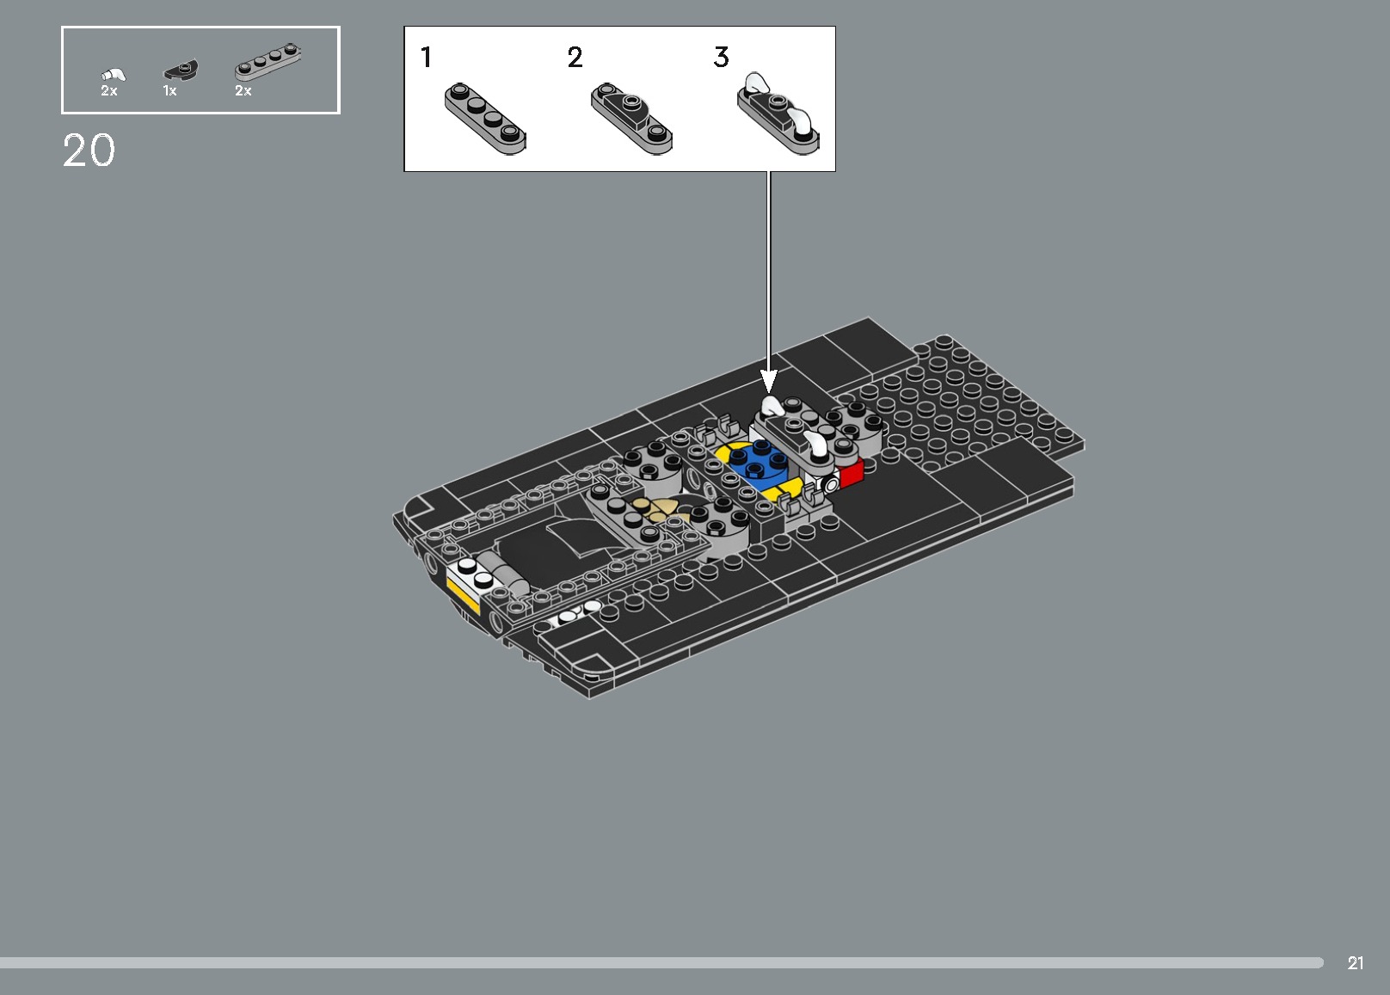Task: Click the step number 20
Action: coord(89,151)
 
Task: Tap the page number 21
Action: coord(1356,963)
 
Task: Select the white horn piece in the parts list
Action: coord(113,74)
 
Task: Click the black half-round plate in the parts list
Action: coord(181,70)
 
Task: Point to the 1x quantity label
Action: coord(169,90)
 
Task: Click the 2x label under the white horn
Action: coord(108,90)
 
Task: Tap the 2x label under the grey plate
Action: coord(243,90)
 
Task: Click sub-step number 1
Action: coord(426,58)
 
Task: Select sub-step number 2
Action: coord(575,58)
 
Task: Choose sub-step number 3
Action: coord(721,58)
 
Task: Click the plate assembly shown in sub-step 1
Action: coord(485,118)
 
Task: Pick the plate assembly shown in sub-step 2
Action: coord(631,118)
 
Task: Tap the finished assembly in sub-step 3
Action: coord(778,114)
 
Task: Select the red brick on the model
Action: coord(851,473)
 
